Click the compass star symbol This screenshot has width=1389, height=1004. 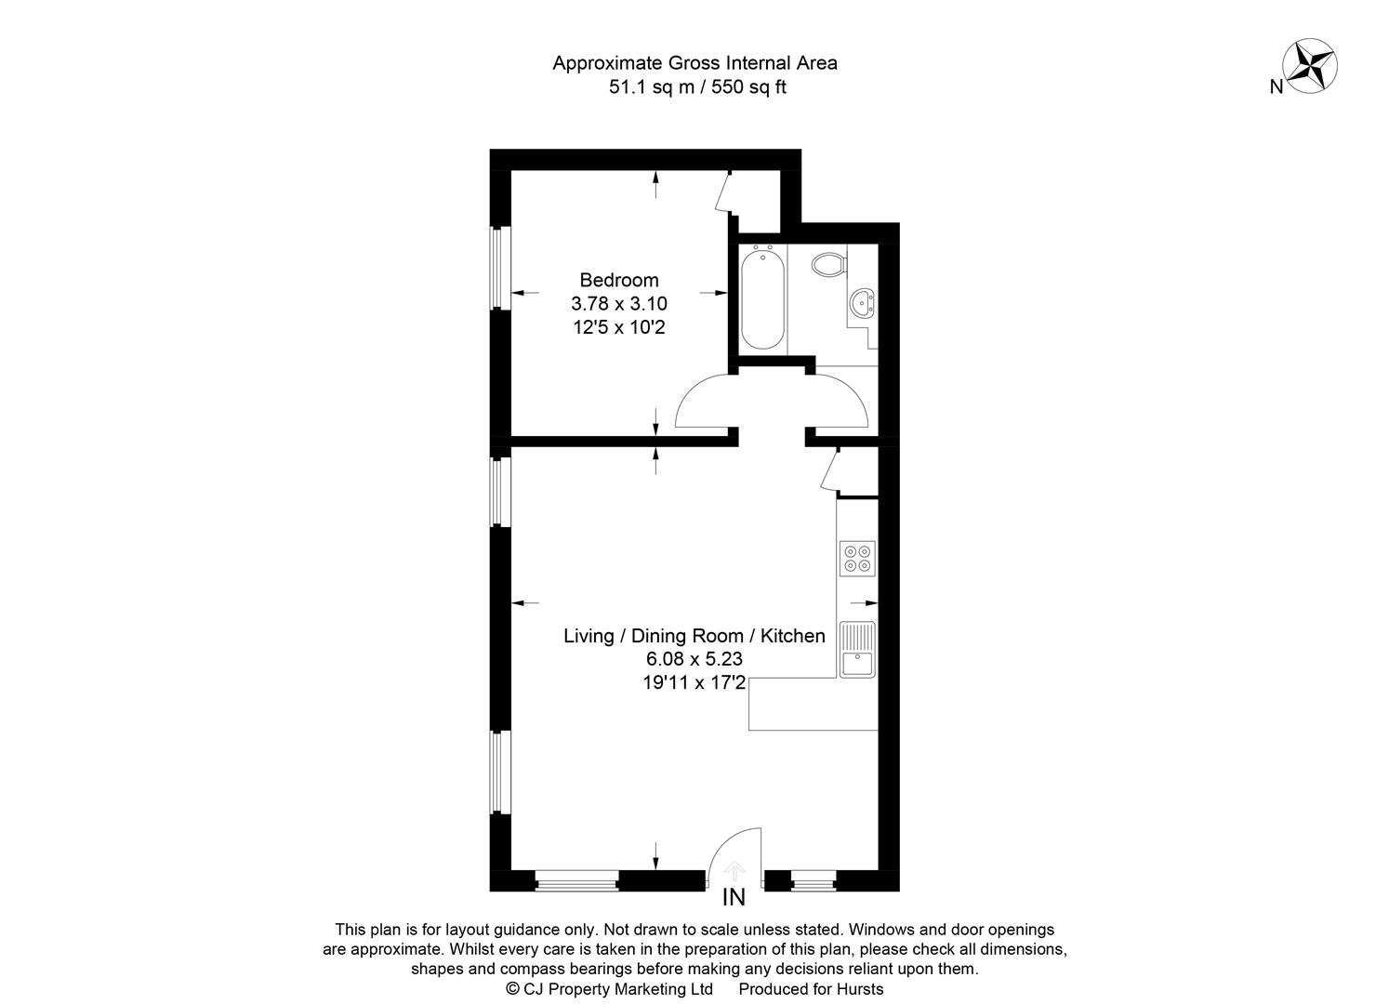(x=1310, y=64)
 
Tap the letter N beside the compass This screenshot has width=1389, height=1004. (x=1277, y=87)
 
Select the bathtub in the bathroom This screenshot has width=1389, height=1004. (x=762, y=298)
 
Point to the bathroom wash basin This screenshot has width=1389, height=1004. (x=864, y=301)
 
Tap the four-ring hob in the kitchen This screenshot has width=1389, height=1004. (x=856, y=558)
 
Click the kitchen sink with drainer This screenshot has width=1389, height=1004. (x=857, y=649)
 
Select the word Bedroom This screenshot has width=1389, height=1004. (x=618, y=280)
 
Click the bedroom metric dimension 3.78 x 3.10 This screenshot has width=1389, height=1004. (x=618, y=303)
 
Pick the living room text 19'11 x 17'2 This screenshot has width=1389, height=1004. (x=694, y=683)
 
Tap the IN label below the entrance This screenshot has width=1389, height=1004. (x=734, y=898)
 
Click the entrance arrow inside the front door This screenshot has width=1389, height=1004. (x=734, y=870)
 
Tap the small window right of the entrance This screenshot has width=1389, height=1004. (x=813, y=879)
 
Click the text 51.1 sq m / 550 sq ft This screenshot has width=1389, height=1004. (x=695, y=88)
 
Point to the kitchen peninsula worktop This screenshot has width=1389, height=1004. (x=812, y=704)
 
